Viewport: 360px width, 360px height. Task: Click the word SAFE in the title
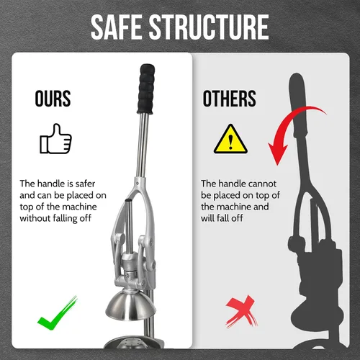pyautogui.click(x=117, y=27)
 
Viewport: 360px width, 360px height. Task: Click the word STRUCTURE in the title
pyautogui.click(x=209, y=27)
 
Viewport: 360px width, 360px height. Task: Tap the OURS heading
pyautogui.click(x=53, y=99)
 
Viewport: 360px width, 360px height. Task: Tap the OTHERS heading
pyautogui.click(x=230, y=99)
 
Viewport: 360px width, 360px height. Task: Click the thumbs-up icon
pyautogui.click(x=55, y=139)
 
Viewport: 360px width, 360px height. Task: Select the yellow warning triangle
pyautogui.click(x=230, y=139)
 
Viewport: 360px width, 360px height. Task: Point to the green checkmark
pyautogui.click(x=58, y=313)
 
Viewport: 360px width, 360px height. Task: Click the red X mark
pyautogui.click(x=241, y=311)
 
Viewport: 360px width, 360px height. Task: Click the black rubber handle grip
pyautogui.click(x=146, y=89)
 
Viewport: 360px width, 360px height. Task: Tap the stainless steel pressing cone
pyautogui.click(x=130, y=305)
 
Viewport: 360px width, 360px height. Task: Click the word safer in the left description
pyautogui.click(x=85, y=184)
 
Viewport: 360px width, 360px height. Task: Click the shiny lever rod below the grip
pyautogui.click(x=143, y=145)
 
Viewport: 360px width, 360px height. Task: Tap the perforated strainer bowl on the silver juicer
pyautogui.click(x=133, y=342)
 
